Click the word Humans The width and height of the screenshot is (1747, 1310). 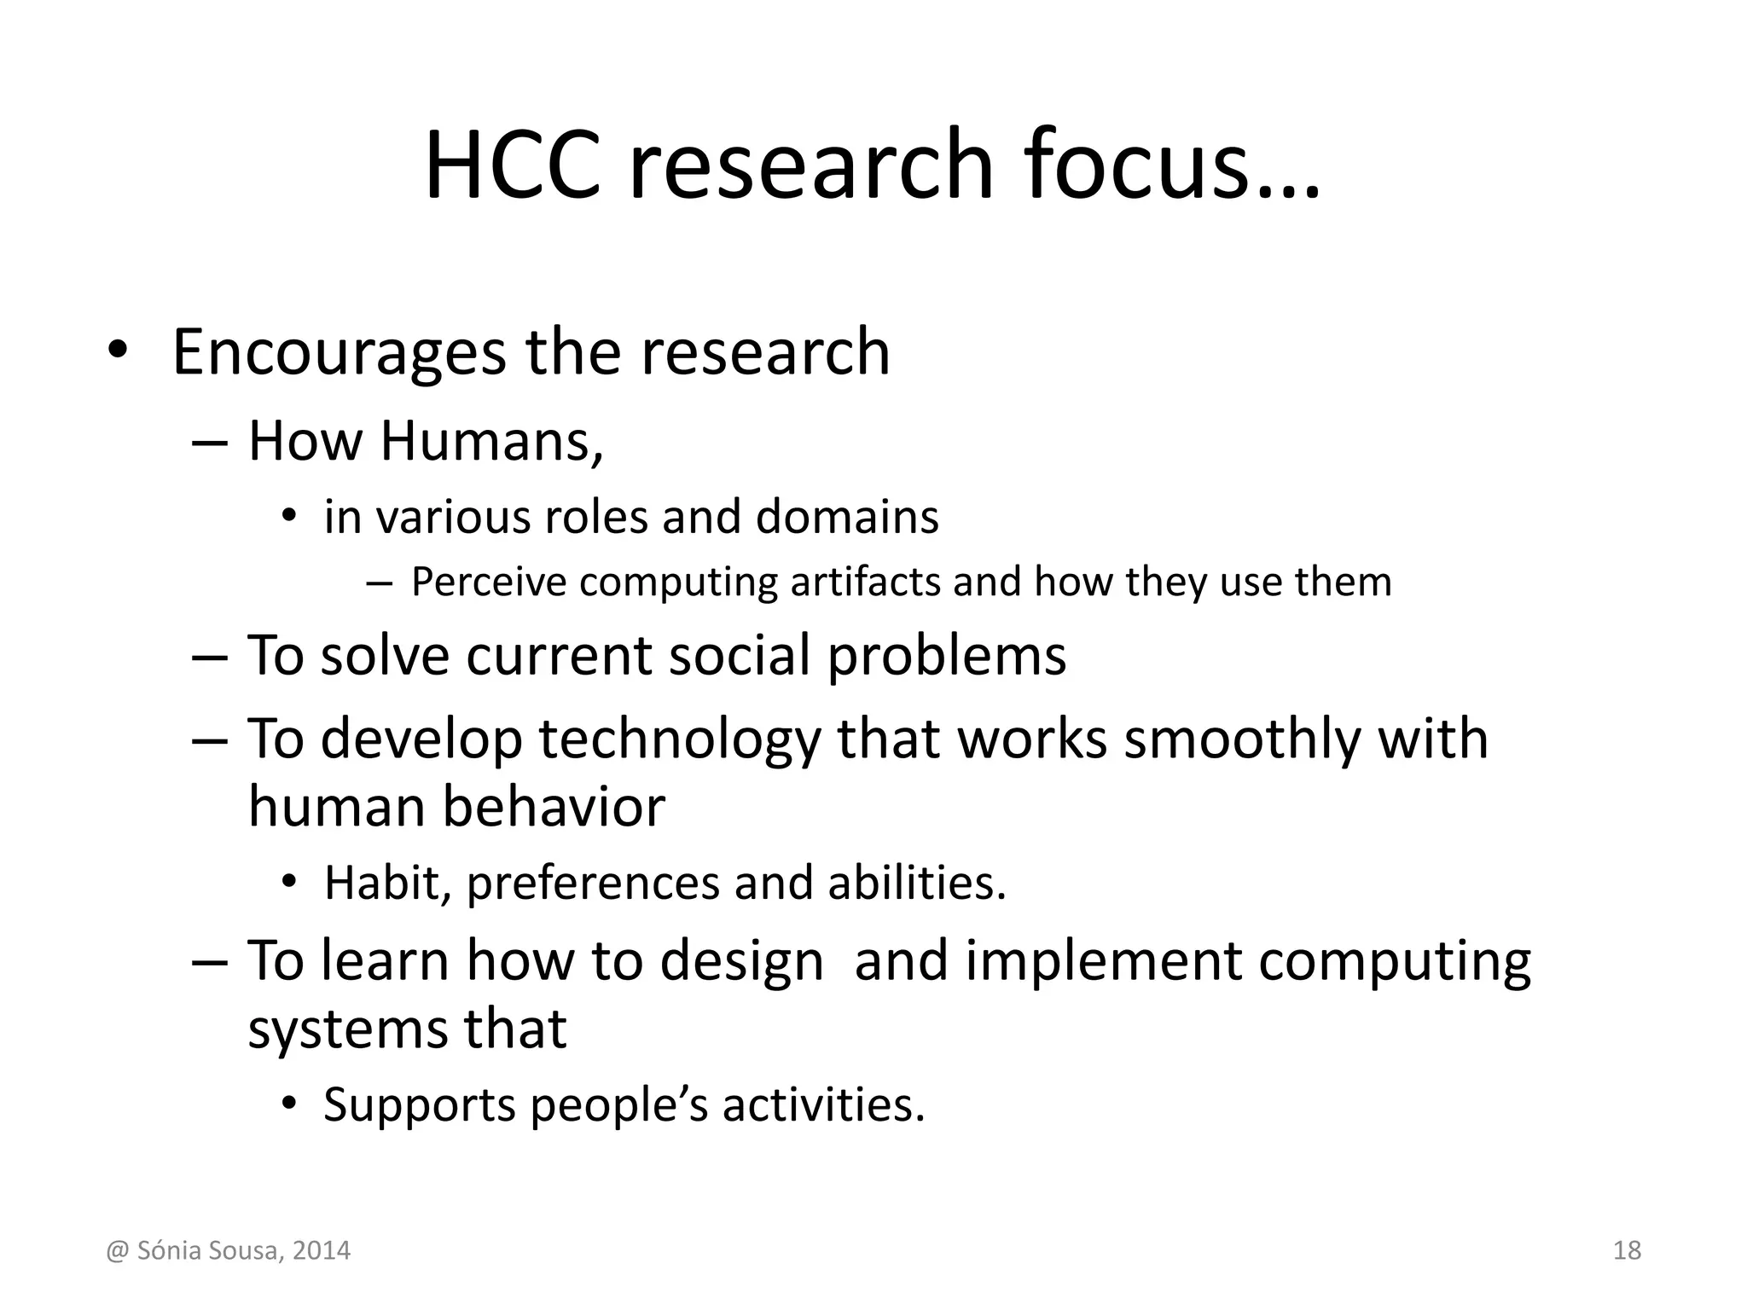pos(490,442)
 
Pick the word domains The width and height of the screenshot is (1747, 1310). pos(847,517)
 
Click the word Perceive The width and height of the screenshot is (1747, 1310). pos(488,583)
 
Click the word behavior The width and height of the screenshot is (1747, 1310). pos(553,807)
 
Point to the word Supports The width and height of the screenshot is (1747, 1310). pos(419,1105)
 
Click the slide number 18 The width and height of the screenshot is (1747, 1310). pos(1627,1251)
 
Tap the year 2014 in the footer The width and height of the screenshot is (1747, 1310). pos(321,1251)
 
